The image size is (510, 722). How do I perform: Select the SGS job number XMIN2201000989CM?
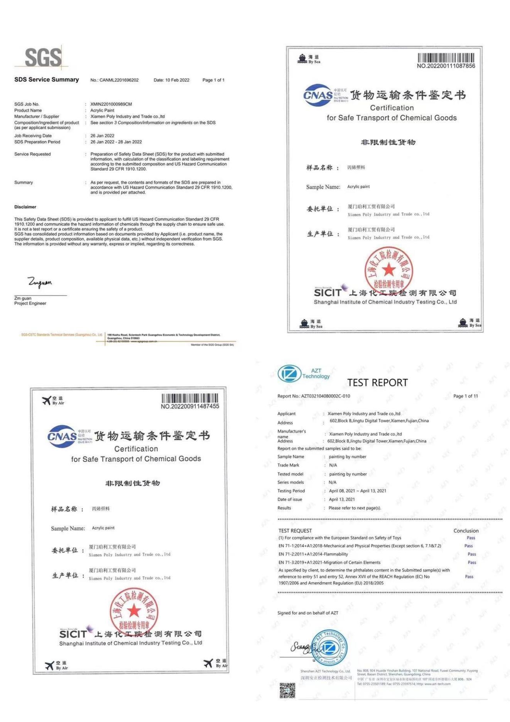click(111, 104)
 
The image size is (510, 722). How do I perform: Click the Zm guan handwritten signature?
click(39, 282)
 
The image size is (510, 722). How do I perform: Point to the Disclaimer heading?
click(25, 207)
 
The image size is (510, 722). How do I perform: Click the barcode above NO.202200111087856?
click(446, 58)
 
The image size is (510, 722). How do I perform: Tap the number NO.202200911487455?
click(190, 406)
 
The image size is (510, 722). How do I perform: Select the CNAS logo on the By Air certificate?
click(62, 436)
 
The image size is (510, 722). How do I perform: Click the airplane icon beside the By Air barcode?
click(47, 401)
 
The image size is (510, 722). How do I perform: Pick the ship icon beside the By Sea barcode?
click(302, 59)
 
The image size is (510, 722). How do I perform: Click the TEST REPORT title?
click(377, 382)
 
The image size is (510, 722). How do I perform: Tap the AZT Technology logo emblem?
click(289, 374)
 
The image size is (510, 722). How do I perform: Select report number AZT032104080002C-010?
click(325, 396)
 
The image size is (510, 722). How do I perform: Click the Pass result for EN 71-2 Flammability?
click(472, 554)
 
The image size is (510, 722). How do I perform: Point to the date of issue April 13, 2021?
click(341, 499)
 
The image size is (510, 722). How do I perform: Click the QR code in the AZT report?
click(287, 690)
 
